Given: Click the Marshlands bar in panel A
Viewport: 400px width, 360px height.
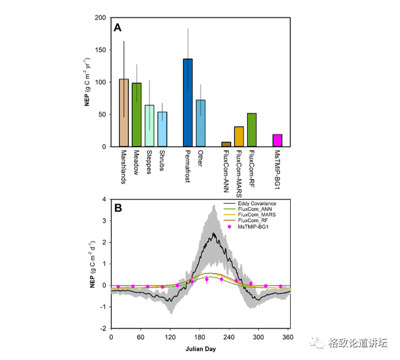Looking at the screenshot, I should tap(124, 113).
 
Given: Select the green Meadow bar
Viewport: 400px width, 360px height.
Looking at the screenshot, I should tap(137, 115).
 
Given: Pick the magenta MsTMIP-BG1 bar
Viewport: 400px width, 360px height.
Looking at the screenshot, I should tap(277, 141).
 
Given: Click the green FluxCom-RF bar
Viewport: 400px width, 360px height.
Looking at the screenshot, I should tap(252, 130).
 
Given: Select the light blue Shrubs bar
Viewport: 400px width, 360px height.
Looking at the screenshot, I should tap(162, 129).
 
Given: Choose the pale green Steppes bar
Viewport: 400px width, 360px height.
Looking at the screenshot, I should tap(149, 126).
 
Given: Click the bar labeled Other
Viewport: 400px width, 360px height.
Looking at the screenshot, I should tap(201, 123).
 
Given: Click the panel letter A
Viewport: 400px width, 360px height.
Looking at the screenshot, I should tap(117, 27).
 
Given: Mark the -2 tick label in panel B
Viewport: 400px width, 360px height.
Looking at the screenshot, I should tap(103, 328).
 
